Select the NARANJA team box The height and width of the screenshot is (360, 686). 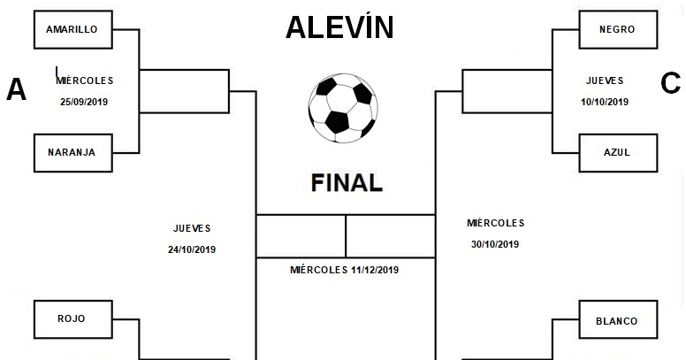71,151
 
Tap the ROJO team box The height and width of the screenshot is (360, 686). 71,318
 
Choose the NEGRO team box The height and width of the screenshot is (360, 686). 616,30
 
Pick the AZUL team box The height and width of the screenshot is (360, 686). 616,151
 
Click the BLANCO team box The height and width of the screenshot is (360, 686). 616,321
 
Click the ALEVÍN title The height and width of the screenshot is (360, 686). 339,27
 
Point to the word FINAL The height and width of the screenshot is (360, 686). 347,183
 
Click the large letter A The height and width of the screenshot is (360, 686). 16,89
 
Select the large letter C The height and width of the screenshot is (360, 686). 670,84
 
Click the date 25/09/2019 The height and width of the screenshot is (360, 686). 85,102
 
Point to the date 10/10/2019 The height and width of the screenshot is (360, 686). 605,102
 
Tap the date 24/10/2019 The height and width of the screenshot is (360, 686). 192,249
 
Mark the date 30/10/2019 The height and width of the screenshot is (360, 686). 495,245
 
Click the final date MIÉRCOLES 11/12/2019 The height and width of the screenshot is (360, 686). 345,270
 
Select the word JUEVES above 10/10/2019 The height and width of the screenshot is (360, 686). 605,80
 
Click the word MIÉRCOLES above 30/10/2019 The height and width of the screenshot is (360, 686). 495,223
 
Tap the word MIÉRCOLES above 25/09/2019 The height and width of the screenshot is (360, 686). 85,80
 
